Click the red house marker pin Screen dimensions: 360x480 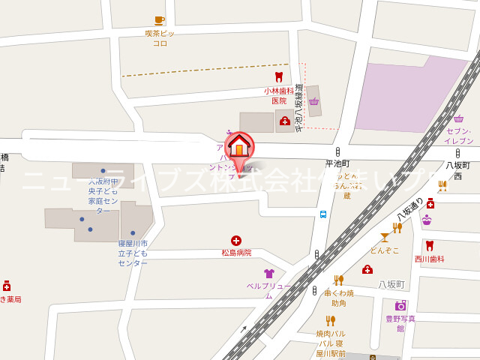(x=239, y=146)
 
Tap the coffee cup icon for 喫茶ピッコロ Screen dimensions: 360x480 (x=159, y=21)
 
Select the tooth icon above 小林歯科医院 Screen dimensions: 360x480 (x=279, y=76)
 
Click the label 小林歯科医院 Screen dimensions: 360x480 (x=279, y=95)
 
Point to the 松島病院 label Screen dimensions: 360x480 (x=236, y=253)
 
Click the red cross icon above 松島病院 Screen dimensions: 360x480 (x=236, y=240)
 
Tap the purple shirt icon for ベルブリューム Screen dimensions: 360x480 (x=268, y=274)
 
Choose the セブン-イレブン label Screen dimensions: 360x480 (x=458, y=136)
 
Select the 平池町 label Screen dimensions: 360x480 (x=337, y=163)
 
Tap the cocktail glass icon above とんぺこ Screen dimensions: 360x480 (x=385, y=237)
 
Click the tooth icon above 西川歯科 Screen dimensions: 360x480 (x=430, y=245)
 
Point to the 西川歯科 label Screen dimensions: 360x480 (x=430, y=259)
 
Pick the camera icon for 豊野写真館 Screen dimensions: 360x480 (x=400, y=305)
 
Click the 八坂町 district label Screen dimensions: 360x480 (x=391, y=285)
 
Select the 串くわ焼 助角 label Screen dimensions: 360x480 (x=339, y=298)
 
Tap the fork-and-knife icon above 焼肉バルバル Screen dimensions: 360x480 (x=330, y=320)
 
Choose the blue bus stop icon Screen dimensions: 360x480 (x=323, y=214)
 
